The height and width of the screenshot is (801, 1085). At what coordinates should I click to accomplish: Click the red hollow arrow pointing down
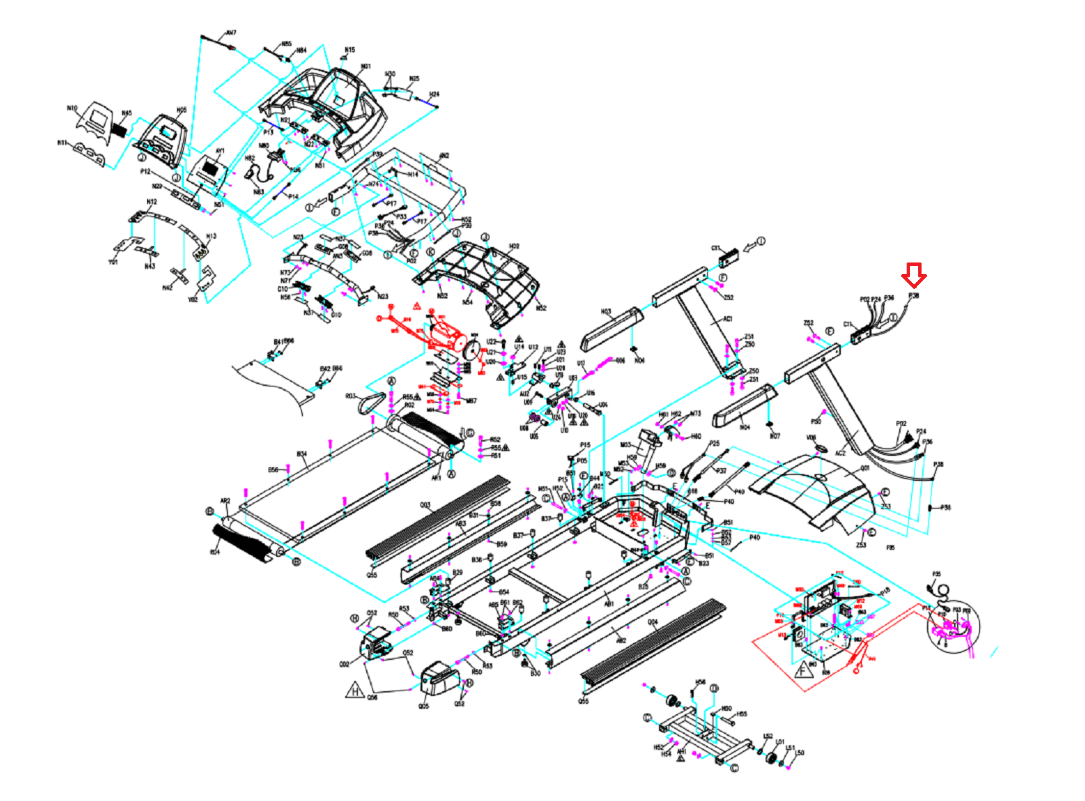(913, 275)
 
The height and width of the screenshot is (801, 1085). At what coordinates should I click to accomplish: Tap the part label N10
(73, 108)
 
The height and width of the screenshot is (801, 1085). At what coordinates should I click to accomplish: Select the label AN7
(231, 33)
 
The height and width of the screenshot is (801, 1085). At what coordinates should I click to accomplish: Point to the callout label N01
(366, 66)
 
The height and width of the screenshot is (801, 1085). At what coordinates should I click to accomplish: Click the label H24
(434, 94)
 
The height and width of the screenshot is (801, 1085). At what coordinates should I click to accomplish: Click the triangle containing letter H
(355, 691)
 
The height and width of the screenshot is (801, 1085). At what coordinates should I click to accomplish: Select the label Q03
(425, 505)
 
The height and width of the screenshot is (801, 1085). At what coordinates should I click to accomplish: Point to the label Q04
(652, 622)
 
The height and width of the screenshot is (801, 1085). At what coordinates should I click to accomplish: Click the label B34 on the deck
(302, 454)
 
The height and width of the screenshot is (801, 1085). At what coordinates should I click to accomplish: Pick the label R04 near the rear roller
(214, 552)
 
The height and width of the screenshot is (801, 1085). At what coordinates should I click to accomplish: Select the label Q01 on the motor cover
(865, 468)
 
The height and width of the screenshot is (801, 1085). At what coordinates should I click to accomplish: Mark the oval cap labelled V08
(820, 448)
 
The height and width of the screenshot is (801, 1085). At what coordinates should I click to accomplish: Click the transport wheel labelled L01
(770, 756)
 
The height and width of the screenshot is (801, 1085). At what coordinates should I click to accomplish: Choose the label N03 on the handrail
(606, 312)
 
